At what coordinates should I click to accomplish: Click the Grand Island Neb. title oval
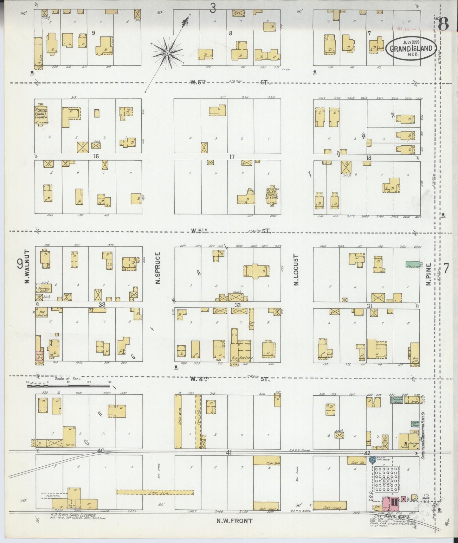[x=410, y=48]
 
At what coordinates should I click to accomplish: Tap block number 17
[x=232, y=157]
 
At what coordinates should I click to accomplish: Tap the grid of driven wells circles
[x=387, y=478]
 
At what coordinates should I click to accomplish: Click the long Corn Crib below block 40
[x=155, y=492]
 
